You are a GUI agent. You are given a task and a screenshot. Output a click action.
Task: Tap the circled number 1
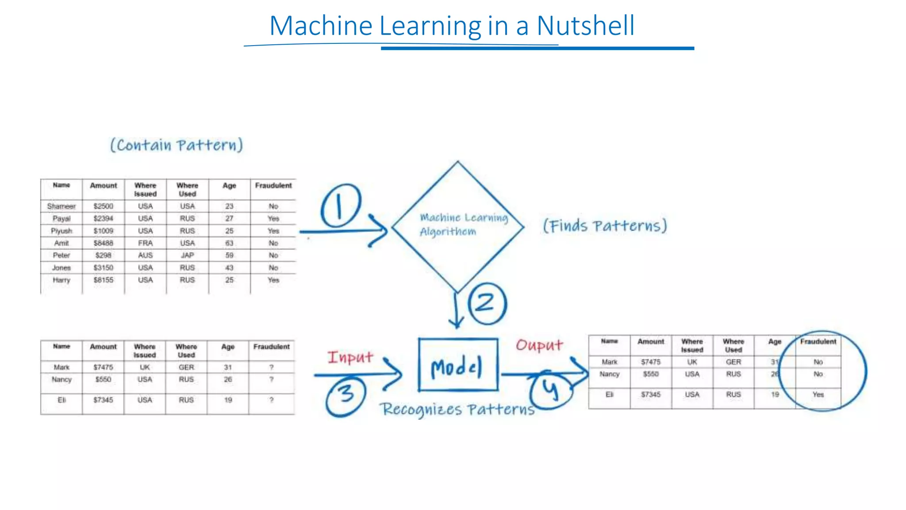coord(340,206)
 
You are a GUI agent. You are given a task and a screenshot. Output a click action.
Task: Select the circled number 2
coord(487,304)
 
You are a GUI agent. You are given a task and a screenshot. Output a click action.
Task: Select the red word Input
coord(350,357)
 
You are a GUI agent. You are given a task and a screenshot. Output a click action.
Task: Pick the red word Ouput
coord(539,345)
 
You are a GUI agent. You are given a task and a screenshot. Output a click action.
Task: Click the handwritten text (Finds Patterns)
coord(605,226)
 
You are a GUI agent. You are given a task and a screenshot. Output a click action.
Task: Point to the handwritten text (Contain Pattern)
coord(177,145)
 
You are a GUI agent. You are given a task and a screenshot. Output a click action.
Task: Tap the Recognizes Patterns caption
coord(457,410)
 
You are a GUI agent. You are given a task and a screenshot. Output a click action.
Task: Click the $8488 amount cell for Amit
coord(104,243)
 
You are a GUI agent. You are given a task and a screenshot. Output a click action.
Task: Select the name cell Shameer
coord(61,206)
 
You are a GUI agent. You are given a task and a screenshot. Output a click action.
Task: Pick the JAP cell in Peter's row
coord(187,255)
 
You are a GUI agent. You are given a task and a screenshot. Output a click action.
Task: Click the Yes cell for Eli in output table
coord(818,394)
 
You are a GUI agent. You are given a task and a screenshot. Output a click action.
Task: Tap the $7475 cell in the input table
coord(104,367)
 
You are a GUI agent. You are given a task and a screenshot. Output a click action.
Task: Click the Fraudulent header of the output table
coord(818,342)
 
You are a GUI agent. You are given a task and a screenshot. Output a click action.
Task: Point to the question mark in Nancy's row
coord(271,379)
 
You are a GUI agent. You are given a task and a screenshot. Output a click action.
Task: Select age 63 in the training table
coord(229,243)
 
